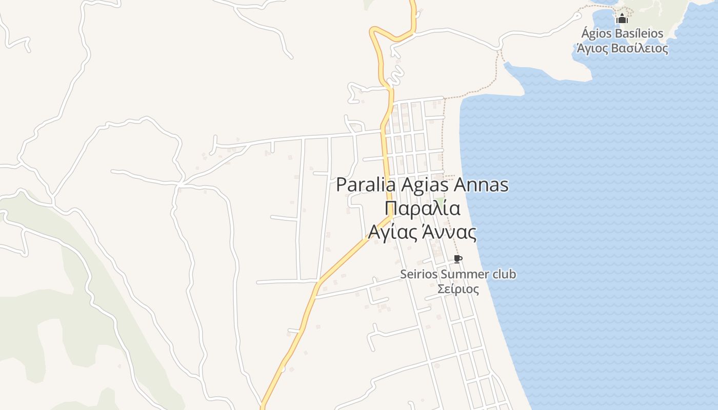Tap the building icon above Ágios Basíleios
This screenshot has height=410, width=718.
pyautogui.click(x=622, y=19)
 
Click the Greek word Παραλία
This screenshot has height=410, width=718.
pyautogui.click(x=422, y=209)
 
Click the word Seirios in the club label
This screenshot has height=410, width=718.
pyautogui.click(x=418, y=274)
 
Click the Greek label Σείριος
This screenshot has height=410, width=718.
pyautogui.click(x=458, y=289)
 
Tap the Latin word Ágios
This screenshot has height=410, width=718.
pyautogui.click(x=595, y=34)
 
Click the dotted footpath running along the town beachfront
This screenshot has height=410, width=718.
pyautogui.click(x=443, y=133)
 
